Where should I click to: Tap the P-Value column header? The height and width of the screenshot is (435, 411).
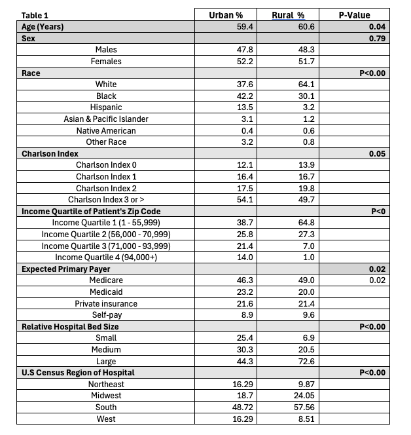click(x=354, y=14)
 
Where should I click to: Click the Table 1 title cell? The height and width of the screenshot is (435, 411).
click(x=35, y=14)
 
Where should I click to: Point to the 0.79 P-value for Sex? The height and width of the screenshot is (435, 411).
click(x=376, y=38)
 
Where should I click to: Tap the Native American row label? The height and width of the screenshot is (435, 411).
click(x=106, y=130)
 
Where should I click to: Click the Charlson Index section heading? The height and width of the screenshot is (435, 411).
click(x=48, y=154)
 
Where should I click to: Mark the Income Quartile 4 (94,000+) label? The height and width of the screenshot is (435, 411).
click(x=106, y=257)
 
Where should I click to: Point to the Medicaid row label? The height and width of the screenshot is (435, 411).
click(x=106, y=292)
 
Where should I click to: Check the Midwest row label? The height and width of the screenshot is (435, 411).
click(x=106, y=396)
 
